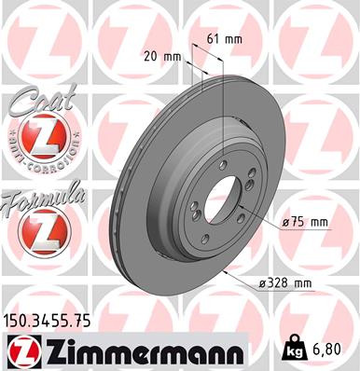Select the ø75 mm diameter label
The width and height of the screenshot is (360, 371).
305,221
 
